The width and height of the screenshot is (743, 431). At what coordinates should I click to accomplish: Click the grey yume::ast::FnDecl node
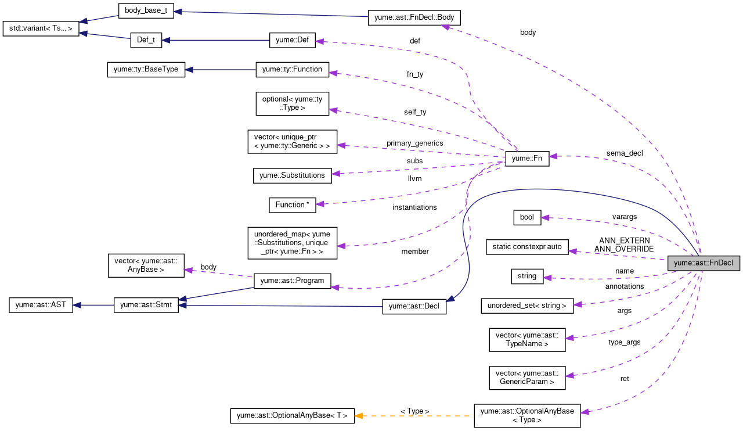point(704,263)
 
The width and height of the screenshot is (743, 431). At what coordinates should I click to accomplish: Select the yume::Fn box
point(526,159)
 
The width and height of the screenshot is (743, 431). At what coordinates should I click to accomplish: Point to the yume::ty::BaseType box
point(146,70)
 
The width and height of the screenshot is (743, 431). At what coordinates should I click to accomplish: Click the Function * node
point(292,204)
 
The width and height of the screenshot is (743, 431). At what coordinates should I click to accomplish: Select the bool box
point(527,217)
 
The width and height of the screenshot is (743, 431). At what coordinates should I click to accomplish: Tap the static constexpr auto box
point(527,247)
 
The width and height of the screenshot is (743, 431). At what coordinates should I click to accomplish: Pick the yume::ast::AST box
point(41,305)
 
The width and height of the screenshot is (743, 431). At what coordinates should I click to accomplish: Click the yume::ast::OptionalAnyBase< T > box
point(292,415)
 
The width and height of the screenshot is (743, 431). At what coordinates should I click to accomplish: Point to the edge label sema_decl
point(625,153)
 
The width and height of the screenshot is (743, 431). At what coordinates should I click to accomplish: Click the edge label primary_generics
point(415,143)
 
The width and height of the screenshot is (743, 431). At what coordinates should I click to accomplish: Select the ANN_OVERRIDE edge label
point(624,249)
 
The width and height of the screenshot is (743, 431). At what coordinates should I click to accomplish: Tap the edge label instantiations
point(414,207)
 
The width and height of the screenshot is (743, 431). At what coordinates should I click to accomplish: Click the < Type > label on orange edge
point(414,411)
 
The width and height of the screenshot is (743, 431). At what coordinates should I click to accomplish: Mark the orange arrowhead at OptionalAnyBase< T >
point(359,415)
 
